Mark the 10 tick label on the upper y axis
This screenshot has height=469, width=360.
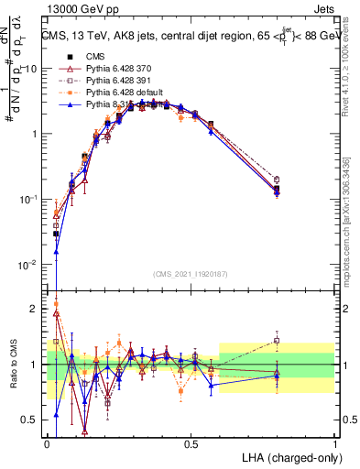tap(30, 70)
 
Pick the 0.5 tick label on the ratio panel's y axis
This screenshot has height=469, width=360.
tap(30, 420)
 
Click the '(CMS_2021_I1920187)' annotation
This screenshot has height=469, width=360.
tap(191, 273)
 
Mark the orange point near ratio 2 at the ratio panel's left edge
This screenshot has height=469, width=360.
tap(57, 304)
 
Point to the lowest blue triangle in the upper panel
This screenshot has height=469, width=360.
tap(57, 252)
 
